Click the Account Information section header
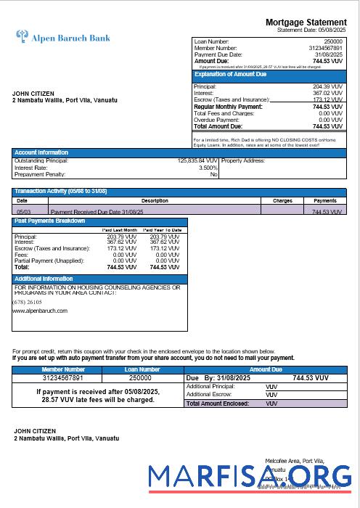point(42,152)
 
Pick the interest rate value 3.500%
point(207,168)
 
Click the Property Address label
point(243,160)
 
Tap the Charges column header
point(282,200)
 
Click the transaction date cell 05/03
point(22,211)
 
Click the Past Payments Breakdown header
point(50,221)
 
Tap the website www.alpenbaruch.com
point(40,311)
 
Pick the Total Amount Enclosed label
point(218,403)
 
